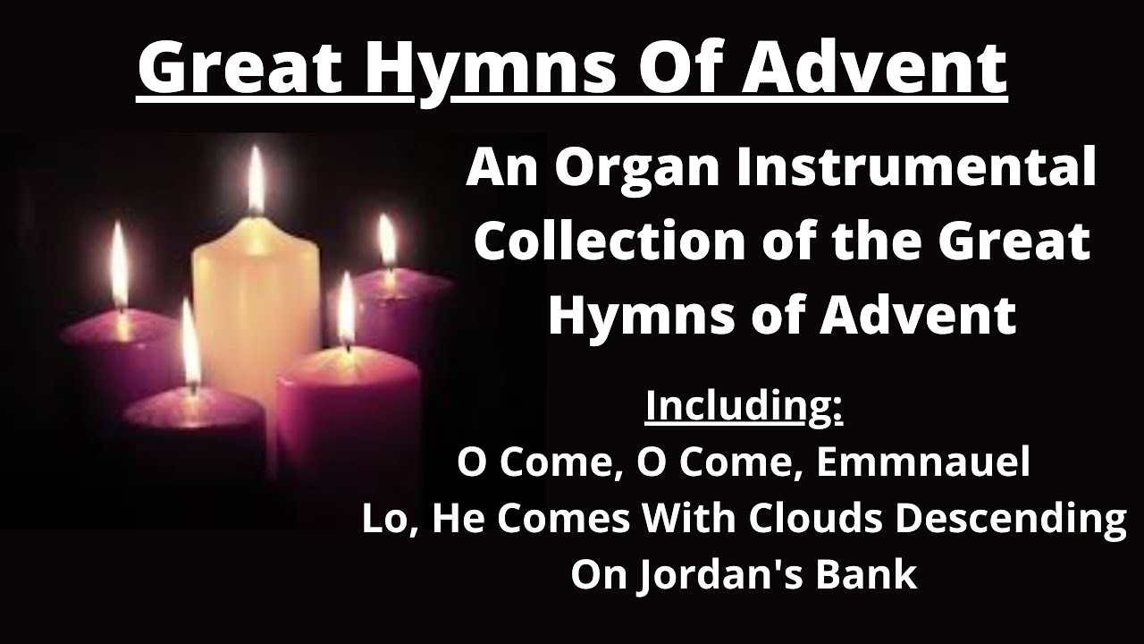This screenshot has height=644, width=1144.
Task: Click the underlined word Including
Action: point(744,405)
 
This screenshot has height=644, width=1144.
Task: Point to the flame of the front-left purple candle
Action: point(189,344)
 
